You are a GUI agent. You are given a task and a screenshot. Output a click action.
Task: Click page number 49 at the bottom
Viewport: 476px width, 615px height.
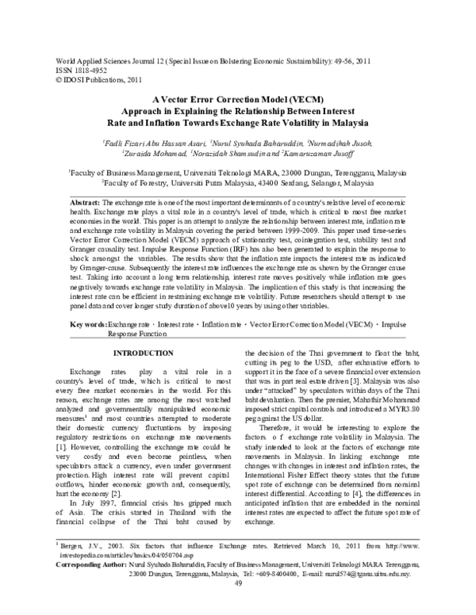tap(237, 605)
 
